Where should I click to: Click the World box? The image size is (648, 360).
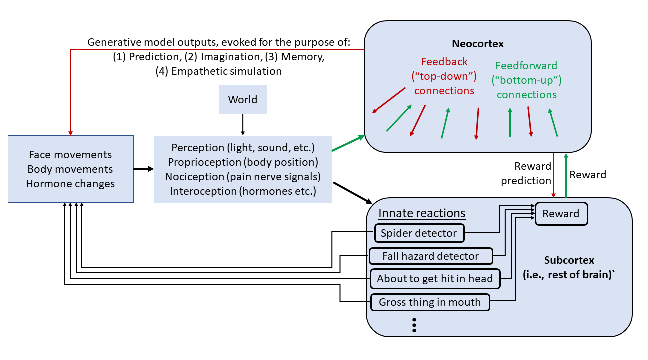click(243, 99)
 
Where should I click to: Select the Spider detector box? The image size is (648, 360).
click(419, 233)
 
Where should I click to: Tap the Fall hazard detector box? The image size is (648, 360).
click(431, 256)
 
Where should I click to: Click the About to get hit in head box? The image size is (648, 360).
click(435, 279)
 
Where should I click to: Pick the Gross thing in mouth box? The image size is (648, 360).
click(430, 302)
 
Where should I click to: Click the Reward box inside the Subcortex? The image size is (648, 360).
click(561, 214)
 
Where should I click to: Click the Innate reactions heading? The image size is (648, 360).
click(422, 213)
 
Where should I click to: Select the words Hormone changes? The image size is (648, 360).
click(70, 183)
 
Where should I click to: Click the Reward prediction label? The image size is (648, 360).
click(526, 173)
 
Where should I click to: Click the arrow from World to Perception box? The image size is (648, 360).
click(243, 124)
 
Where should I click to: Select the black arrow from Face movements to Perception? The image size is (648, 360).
click(143, 169)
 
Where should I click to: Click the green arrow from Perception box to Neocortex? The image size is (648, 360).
click(348, 143)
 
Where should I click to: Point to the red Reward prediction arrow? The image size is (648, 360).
click(554, 175)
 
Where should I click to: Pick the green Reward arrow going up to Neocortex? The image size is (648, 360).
click(565, 175)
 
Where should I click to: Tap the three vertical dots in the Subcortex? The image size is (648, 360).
click(414, 325)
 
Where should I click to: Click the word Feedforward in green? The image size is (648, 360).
click(526, 66)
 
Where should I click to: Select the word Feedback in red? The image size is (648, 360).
click(444, 62)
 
